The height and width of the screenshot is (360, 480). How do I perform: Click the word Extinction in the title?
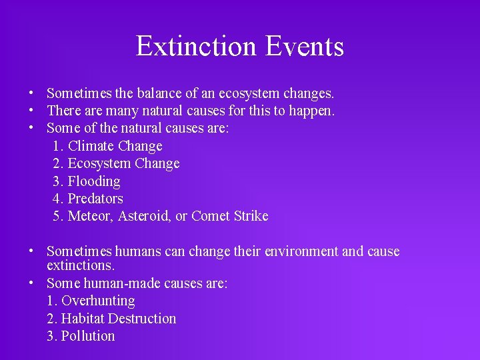pyautogui.click(x=196, y=47)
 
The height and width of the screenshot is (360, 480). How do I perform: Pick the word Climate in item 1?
pyautogui.click(x=91, y=146)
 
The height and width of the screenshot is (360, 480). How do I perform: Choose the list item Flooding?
pyautogui.click(x=94, y=181)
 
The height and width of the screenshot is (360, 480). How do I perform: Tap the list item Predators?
pyautogui.click(x=95, y=199)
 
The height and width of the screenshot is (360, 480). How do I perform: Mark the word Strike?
pyautogui.click(x=251, y=216)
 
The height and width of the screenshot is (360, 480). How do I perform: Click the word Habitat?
pyautogui.click(x=83, y=319)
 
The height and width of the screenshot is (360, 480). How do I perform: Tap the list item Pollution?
pyautogui.click(x=88, y=336)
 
